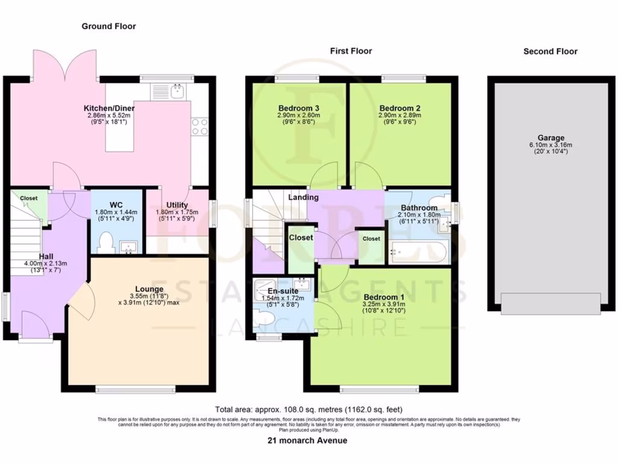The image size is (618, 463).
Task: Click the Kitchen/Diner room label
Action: pos(109,109)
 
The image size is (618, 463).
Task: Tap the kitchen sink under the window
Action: pos(177,92)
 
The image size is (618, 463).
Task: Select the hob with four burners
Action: pos(200,126)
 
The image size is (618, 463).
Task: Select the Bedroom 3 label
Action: pos(298,108)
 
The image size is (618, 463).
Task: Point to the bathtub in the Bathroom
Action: pos(418,251)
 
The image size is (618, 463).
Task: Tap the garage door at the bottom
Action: pos(551,303)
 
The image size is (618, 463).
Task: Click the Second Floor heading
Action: pos(550,51)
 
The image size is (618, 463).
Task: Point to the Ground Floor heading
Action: pos(109,26)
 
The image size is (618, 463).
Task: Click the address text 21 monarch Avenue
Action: pos(307,441)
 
